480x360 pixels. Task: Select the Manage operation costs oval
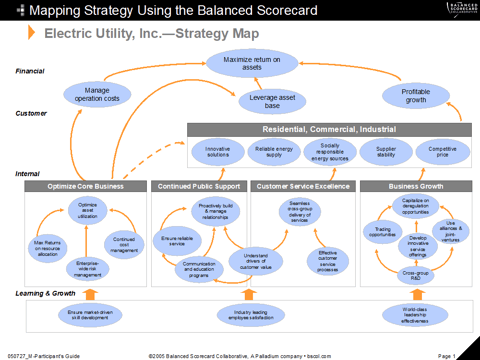96,95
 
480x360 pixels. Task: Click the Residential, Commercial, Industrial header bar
329,130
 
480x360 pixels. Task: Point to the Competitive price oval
441,151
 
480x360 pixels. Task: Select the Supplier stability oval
386,151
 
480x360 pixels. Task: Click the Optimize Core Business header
85,186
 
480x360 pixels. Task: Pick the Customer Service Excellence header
303,186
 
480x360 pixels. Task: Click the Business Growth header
416,186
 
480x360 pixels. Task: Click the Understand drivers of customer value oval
257,261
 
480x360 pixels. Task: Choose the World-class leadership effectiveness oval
416,313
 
